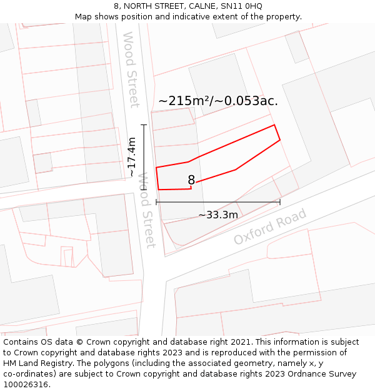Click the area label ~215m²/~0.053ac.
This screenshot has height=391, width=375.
[x=218, y=101]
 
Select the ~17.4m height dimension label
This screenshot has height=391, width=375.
[x=132, y=156]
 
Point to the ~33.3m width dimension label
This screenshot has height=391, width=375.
[x=218, y=215]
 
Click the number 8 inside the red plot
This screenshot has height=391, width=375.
[x=191, y=180]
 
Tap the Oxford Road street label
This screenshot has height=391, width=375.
[x=270, y=226]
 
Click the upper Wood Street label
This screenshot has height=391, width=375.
[x=131, y=69]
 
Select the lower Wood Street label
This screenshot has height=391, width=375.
[x=146, y=210]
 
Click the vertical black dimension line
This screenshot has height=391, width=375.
[x=144, y=156]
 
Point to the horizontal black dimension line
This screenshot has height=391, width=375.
[x=218, y=202]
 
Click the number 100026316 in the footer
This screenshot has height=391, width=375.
[x=26, y=384]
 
